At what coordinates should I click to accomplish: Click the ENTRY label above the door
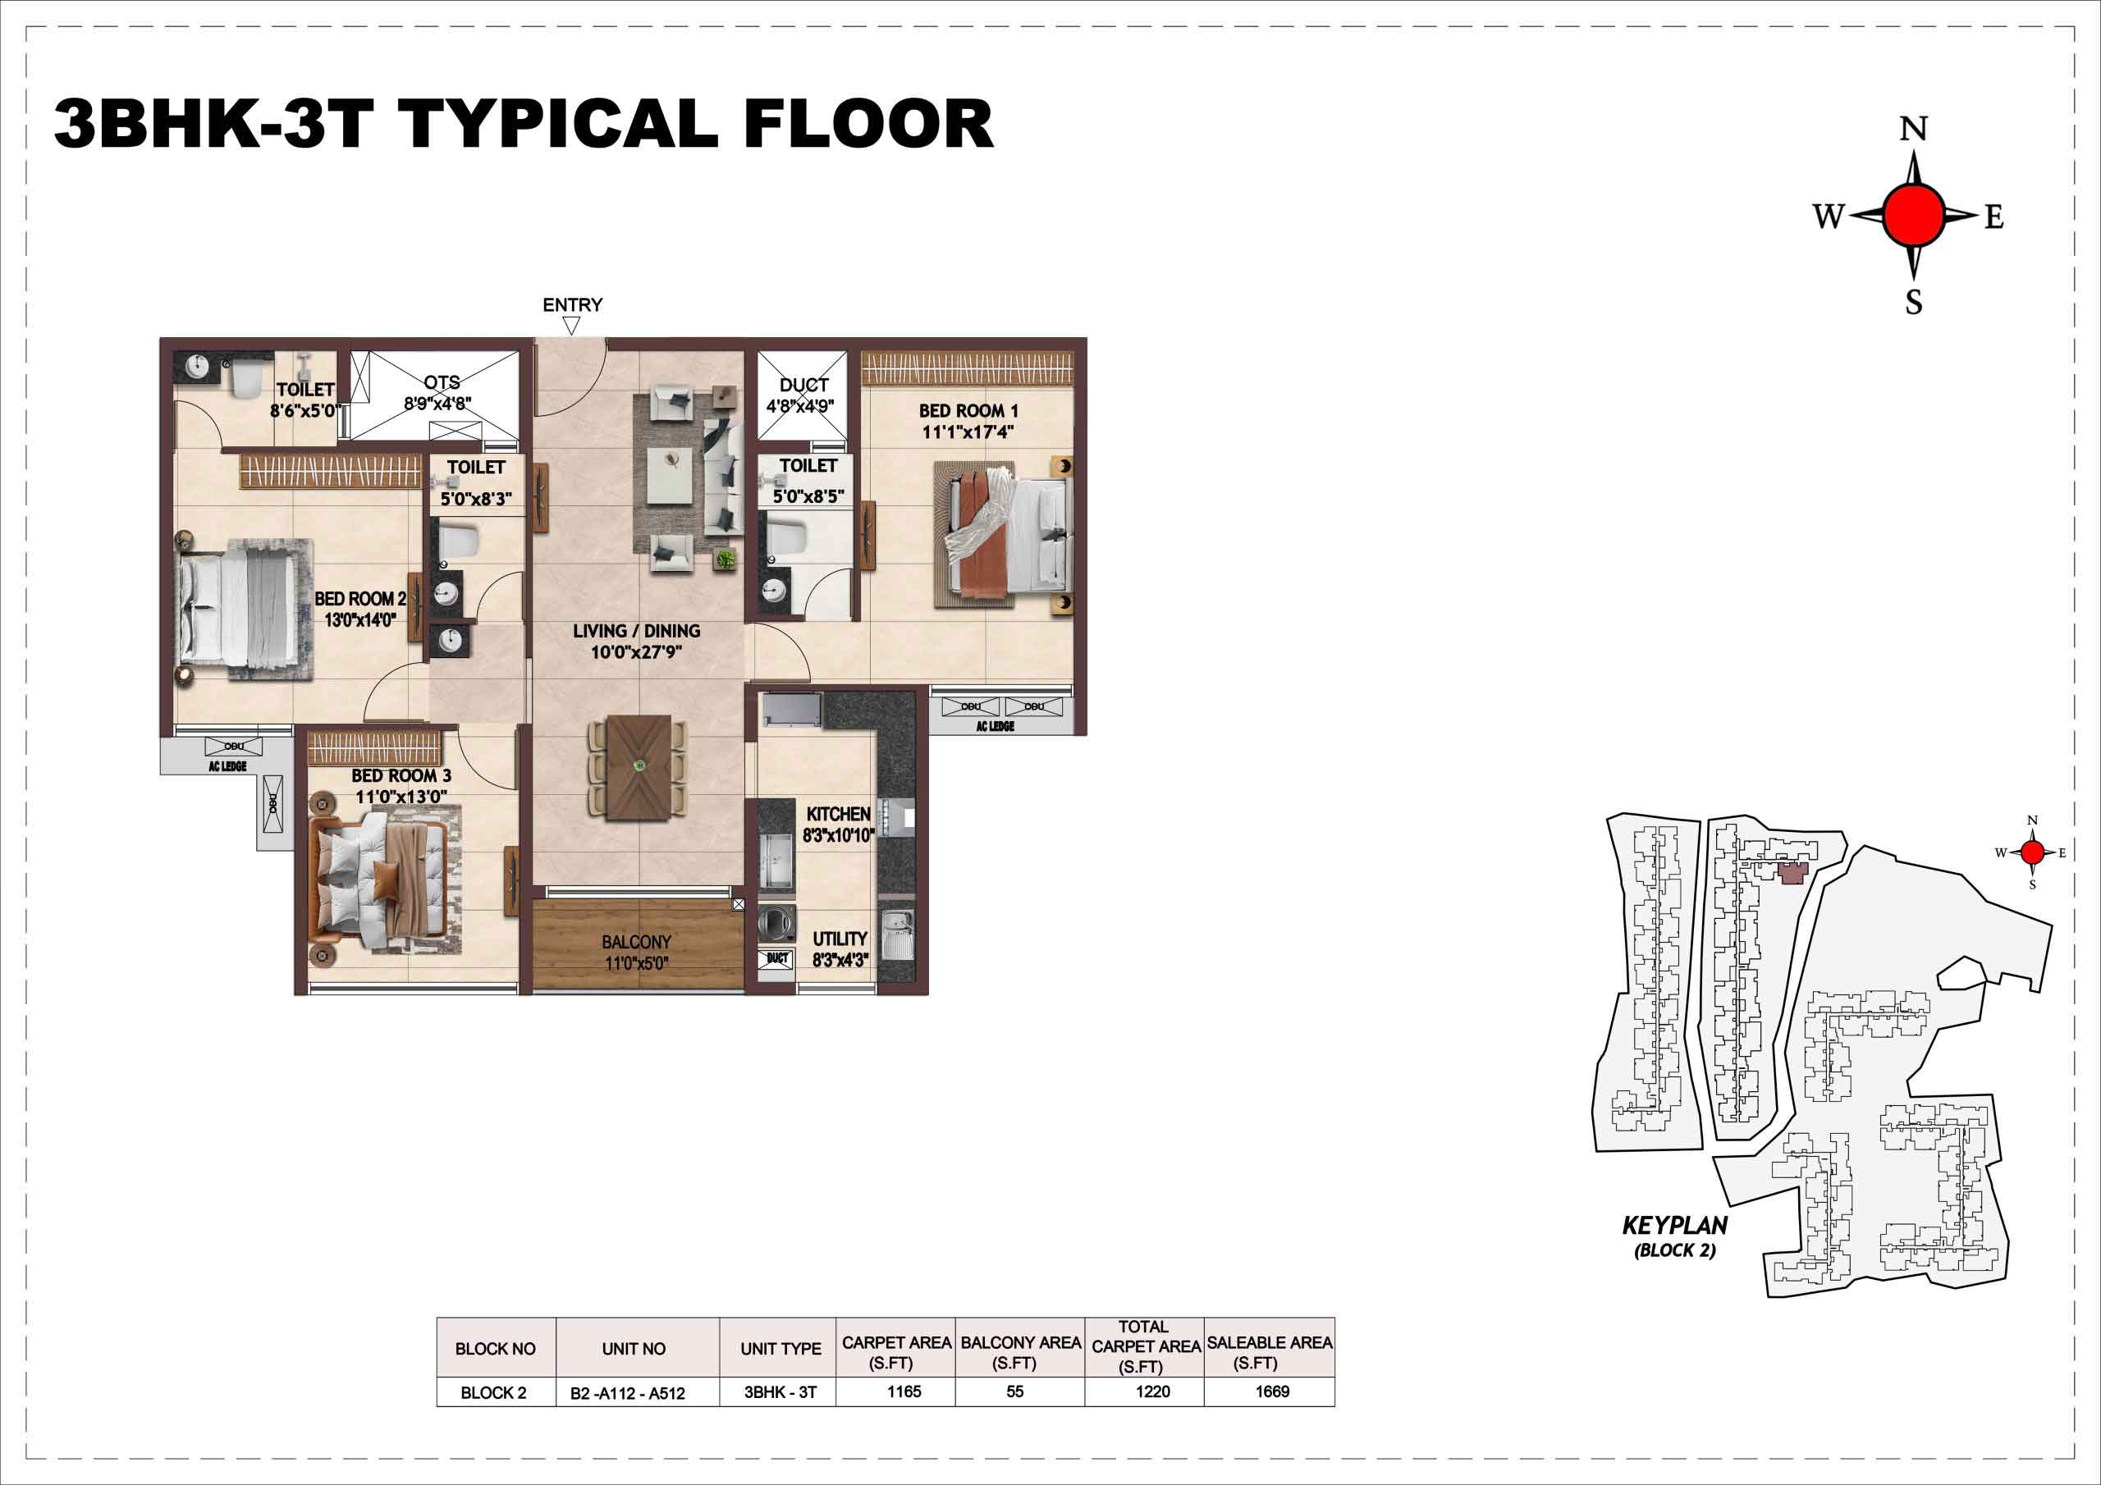pos(573,304)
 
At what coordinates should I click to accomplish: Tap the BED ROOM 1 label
pos(968,412)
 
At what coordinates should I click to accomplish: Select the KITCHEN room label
pos(838,813)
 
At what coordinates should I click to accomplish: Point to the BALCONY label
pos(637,942)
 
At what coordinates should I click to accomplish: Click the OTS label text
pos(442,382)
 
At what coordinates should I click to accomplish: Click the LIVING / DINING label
pos(637,630)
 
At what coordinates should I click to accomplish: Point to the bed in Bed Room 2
pos(240,609)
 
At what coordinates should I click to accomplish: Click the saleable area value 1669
pos(1272,1391)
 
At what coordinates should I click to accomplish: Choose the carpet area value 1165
pos(904,1391)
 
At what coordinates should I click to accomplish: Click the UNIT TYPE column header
pos(780,1349)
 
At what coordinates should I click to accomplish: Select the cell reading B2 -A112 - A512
pos(628,1393)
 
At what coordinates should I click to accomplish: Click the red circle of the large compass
pos(1913,215)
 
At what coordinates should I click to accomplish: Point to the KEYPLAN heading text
pos(1676,1225)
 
